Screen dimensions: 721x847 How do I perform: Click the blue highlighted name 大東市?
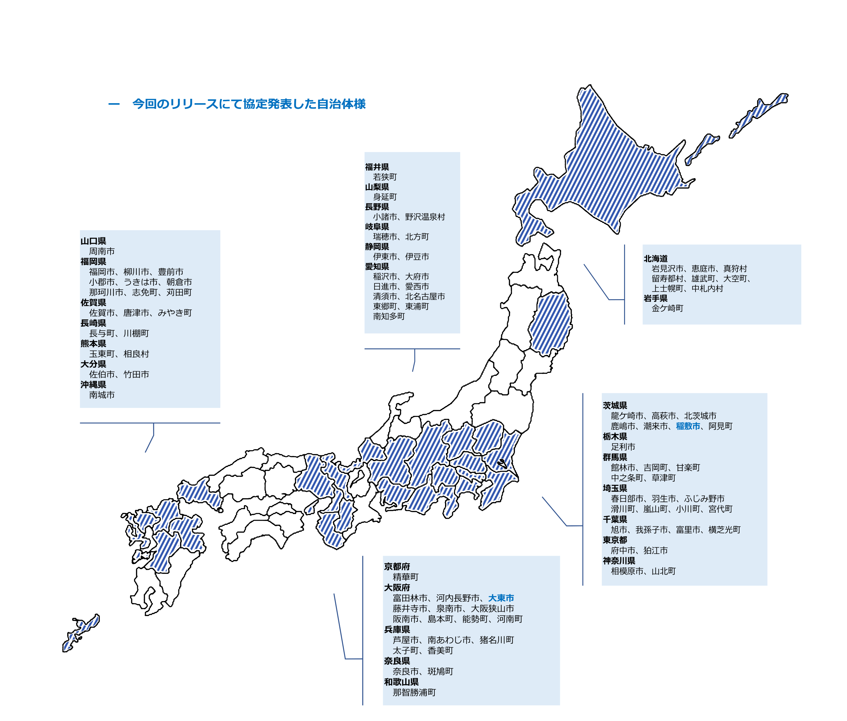pyautogui.click(x=501, y=598)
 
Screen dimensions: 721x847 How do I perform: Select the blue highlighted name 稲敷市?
pyautogui.click(x=688, y=426)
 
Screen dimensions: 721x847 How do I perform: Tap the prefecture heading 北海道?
pyautogui.click(x=655, y=259)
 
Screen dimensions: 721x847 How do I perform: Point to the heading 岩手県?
pyautogui.click(x=655, y=298)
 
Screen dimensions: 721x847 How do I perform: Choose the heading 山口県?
pyautogui.click(x=93, y=241)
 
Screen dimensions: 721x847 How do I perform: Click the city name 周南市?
pyautogui.click(x=102, y=251)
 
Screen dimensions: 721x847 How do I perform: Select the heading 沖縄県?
pyautogui.click(x=93, y=384)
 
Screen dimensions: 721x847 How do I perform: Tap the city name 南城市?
pyautogui.click(x=102, y=395)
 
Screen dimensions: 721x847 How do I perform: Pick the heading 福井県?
pyautogui.click(x=377, y=167)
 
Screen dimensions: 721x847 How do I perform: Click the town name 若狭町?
pyautogui.click(x=385, y=177)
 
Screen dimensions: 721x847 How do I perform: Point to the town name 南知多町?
pyautogui.click(x=389, y=316)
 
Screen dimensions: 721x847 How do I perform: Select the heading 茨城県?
pyautogui.click(x=615, y=405)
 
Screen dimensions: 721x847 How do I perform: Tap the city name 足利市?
pyautogui.click(x=623, y=447)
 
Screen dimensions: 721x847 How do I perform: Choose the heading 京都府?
pyautogui.click(x=396, y=567)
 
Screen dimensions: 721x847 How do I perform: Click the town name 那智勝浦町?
pyautogui.click(x=414, y=693)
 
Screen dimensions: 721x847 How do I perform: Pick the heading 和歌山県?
pyautogui.click(x=401, y=682)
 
